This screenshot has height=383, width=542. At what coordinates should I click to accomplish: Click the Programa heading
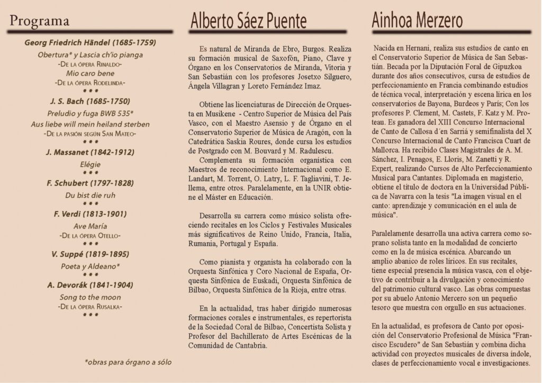tap(40, 22)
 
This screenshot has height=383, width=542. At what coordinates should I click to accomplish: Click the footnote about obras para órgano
tap(128, 363)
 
